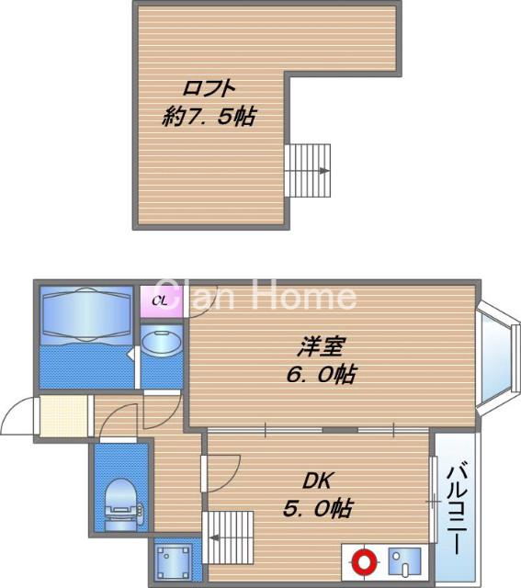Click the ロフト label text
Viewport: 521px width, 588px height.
click(209, 88)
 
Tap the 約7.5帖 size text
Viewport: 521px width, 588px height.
click(209, 117)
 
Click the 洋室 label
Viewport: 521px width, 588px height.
click(321, 346)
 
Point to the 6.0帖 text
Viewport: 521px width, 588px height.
click(321, 374)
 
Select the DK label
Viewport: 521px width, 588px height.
click(318, 481)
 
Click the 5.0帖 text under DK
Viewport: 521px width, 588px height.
click(318, 509)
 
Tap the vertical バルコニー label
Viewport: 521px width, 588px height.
click(458, 509)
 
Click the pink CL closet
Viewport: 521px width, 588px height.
click(162, 301)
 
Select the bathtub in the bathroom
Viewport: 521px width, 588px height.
click(86, 315)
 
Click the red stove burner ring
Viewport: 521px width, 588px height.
click(364, 562)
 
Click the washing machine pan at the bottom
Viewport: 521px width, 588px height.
click(173, 562)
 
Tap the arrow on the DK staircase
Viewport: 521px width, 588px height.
click(215, 537)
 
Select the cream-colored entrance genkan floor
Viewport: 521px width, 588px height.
click(63, 416)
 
